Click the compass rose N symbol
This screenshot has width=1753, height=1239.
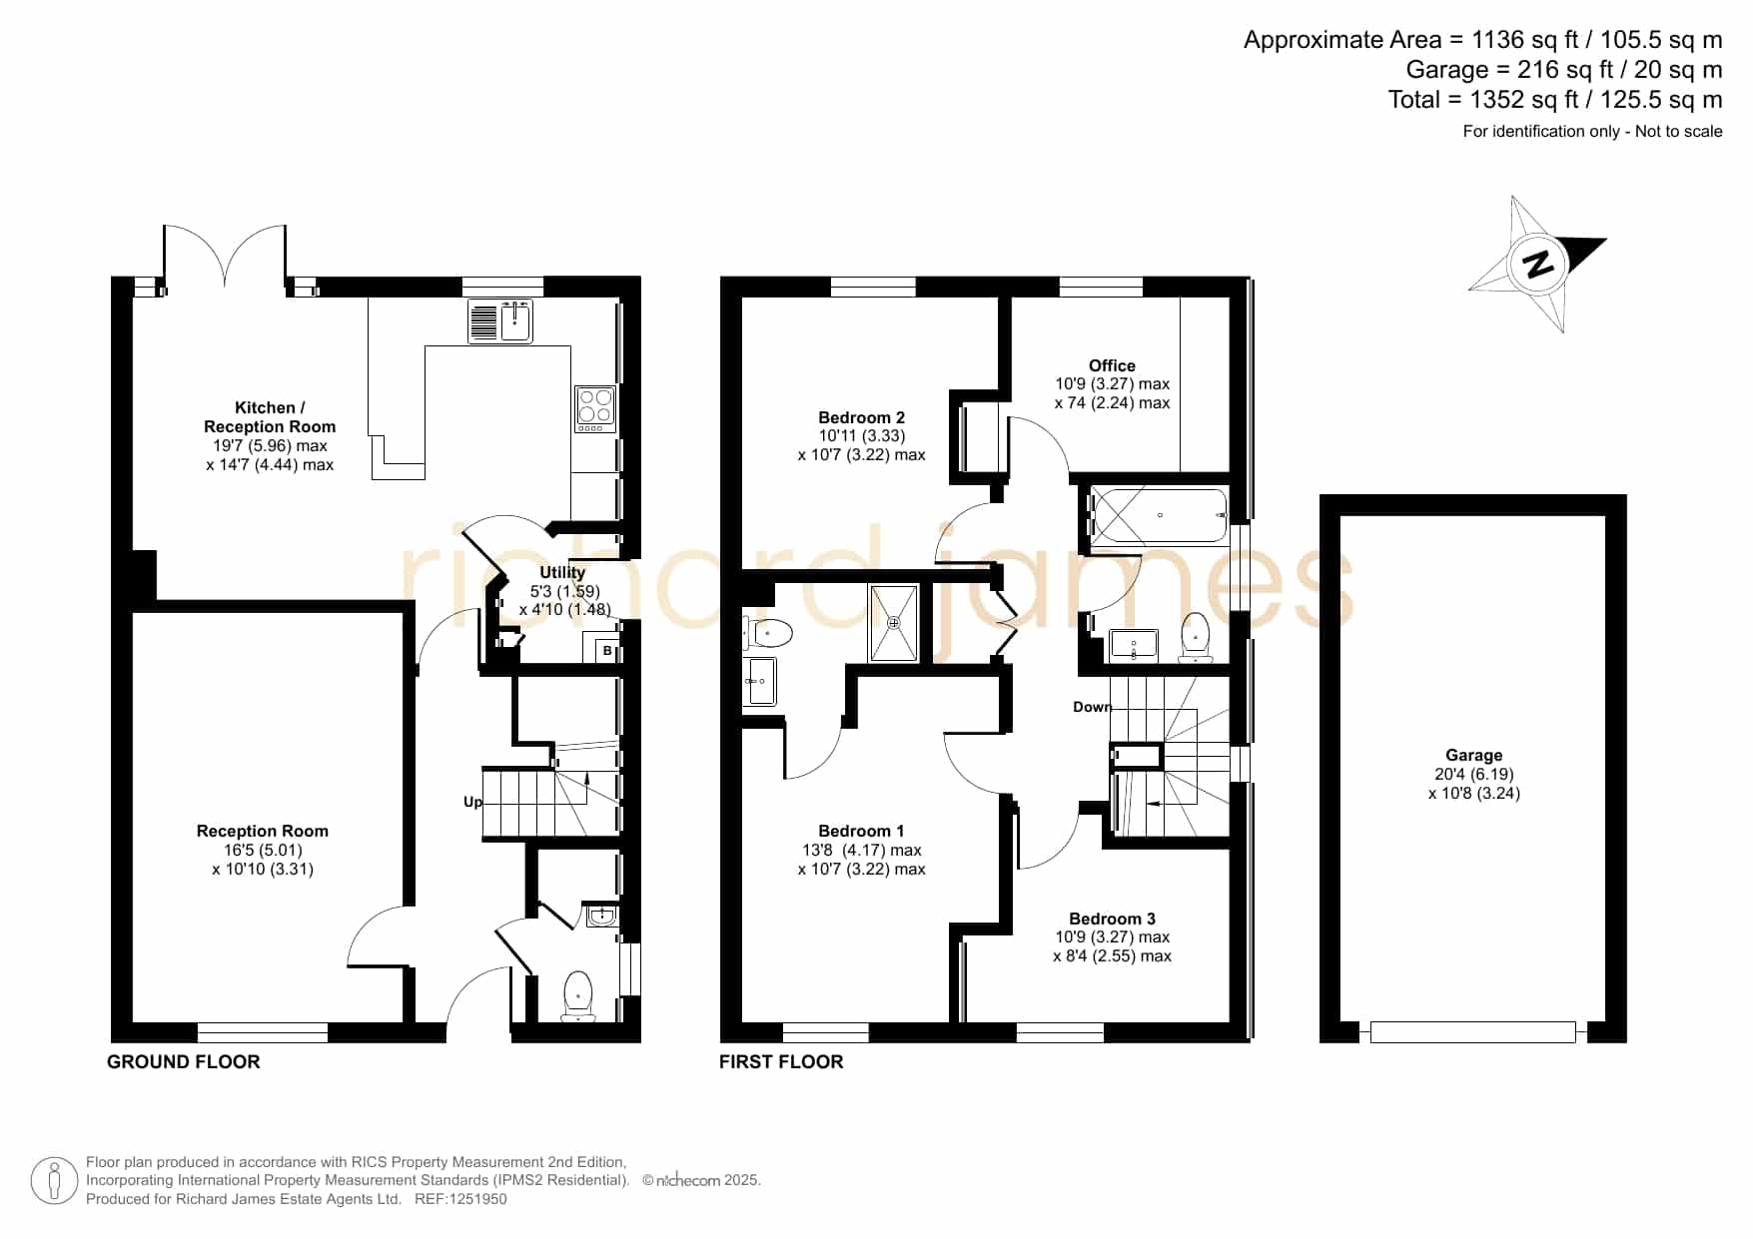tap(1538, 265)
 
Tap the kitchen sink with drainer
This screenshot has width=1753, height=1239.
tap(500, 321)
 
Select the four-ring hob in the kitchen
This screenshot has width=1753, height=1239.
tap(595, 409)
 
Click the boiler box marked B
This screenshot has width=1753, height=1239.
tap(606, 651)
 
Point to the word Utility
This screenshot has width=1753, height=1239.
tap(562, 572)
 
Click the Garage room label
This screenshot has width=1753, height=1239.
tap(1474, 756)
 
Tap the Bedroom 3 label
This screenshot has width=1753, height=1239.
tap(1112, 919)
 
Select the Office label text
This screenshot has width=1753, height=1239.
tap(1112, 365)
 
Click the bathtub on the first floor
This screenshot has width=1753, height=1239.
tap(1159, 515)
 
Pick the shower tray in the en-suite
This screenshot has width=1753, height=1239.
tap(893, 623)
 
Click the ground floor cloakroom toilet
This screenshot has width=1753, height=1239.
tap(578, 996)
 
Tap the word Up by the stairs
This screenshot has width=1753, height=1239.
tap(472, 802)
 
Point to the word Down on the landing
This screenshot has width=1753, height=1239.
tap(1093, 707)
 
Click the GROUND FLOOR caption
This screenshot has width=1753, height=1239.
tap(184, 1062)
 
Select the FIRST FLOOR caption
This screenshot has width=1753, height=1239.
tap(781, 1062)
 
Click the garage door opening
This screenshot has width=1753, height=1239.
tap(1472, 1032)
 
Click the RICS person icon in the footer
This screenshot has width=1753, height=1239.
tap(54, 1182)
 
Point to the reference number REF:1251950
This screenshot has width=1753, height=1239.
tap(460, 1199)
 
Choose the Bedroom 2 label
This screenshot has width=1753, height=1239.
tap(861, 417)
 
